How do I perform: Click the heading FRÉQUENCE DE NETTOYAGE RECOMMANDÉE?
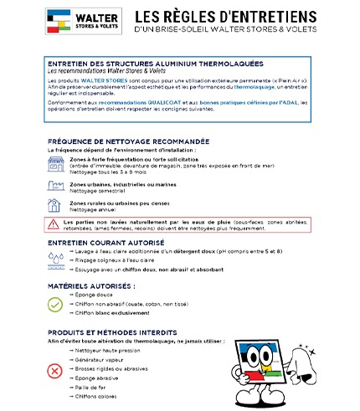pyautogui.click(x=129, y=141)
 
